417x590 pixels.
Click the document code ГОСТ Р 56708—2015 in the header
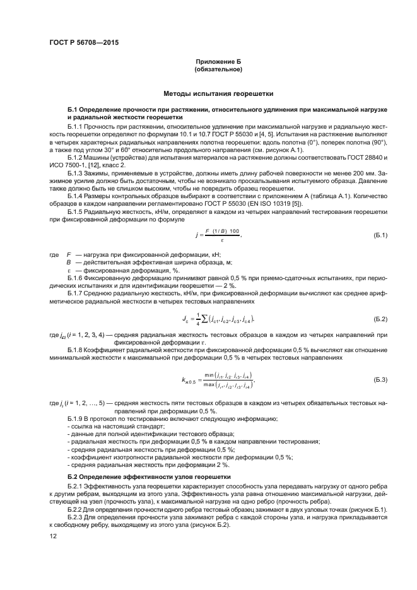tap(84, 43)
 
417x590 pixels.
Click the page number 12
tap(52, 536)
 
